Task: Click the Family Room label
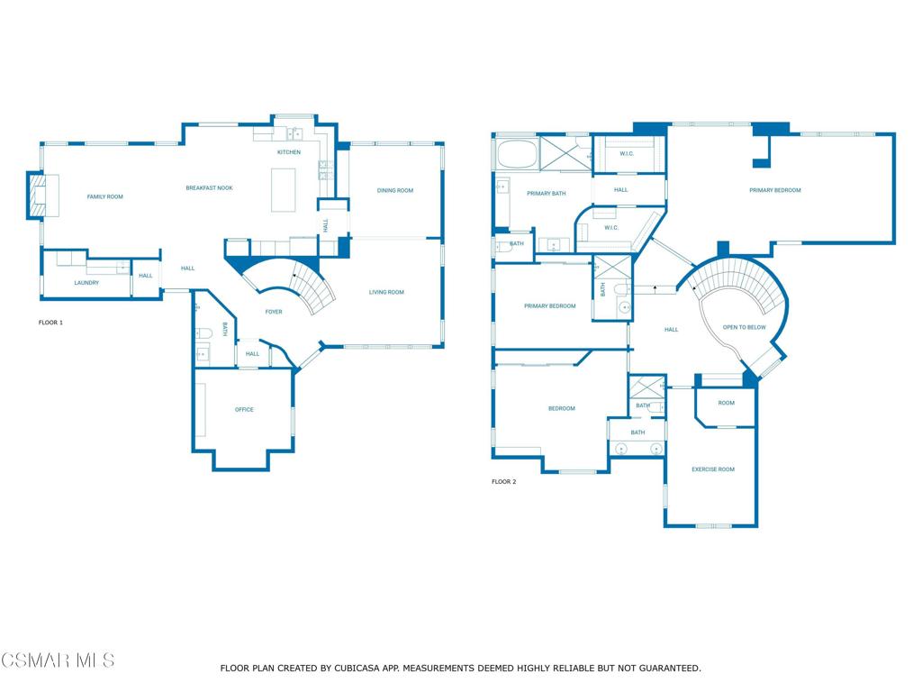pyautogui.click(x=104, y=196)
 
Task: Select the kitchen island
pyautogui.click(x=283, y=189)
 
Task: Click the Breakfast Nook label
pyautogui.click(x=209, y=187)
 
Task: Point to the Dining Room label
pyautogui.click(x=395, y=190)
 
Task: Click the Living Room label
pyautogui.click(x=386, y=292)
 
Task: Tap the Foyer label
pyautogui.click(x=274, y=312)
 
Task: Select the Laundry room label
pyautogui.click(x=86, y=282)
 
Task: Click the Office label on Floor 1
pyautogui.click(x=244, y=410)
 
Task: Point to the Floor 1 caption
pyautogui.click(x=50, y=323)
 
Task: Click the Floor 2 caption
pyautogui.click(x=504, y=481)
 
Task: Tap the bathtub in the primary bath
pyautogui.click(x=518, y=153)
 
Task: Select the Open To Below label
pyautogui.click(x=745, y=327)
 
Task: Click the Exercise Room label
pyautogui.click(x=713, y=469)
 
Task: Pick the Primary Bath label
pyautogui.click(x=547, y=193)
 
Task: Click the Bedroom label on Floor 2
pyautogui.click(x=562, y=408)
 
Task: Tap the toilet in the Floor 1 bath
pyautogui.click(x=203, y=333)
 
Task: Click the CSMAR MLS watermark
pyautogui.click(x=58, y=660)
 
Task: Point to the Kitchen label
pyautogui.click(x=289, y=151)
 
